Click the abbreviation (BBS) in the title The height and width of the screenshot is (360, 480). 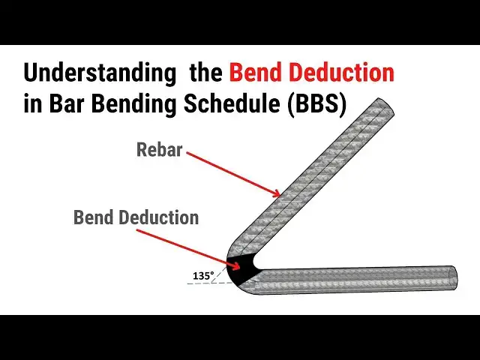[x=314, y=105]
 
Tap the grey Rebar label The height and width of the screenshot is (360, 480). [x=159, y=149]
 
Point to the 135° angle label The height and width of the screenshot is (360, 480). [x=202, y=276]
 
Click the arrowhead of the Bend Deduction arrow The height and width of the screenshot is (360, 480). [x=239, y=262]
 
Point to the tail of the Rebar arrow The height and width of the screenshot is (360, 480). [x=187, y=155]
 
